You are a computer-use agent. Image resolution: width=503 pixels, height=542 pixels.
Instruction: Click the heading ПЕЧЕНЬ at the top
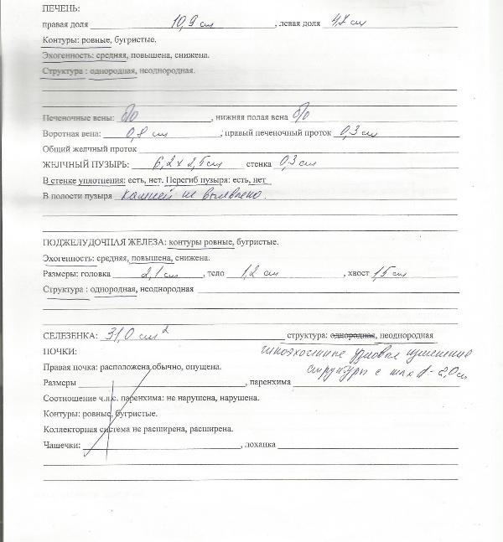tap(60, 8)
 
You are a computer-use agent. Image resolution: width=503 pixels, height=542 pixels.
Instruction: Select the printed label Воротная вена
tap(70, 133)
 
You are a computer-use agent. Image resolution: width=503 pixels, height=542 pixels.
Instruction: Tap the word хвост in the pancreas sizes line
tap(355, 274)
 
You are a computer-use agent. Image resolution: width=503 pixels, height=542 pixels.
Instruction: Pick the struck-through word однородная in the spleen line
tap(354, 335)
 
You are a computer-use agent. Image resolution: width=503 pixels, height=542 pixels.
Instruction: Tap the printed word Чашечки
tap(61, 446)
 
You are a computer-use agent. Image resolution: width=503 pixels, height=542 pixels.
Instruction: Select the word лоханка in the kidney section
tap(257, 446)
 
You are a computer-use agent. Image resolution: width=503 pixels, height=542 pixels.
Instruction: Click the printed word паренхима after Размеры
tap(269, 382)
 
